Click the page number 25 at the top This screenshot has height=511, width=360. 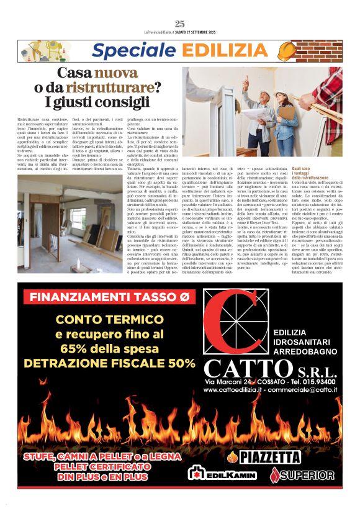pos(180,24)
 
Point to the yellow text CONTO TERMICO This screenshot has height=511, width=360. pos(107,320)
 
